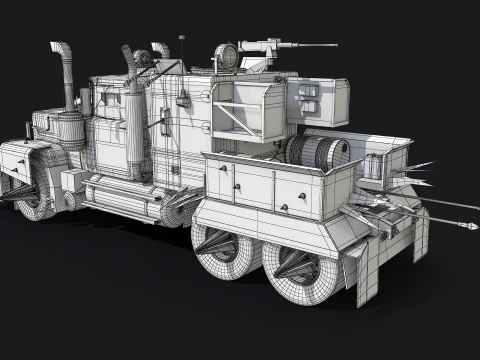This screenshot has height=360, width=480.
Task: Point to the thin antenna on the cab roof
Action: pos(182,50)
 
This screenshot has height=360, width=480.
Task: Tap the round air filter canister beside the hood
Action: pos(69,130)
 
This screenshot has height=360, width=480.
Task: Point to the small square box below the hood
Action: pos(71,181)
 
